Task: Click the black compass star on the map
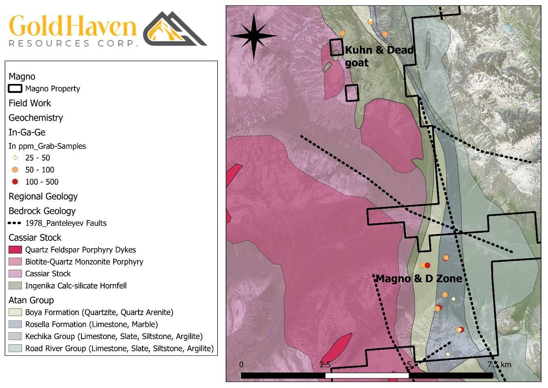[x=254, y=36]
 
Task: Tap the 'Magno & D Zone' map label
[x=419, y=279]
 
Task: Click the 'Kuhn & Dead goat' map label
[x=379, y=56]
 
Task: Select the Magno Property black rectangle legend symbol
[x=15, y=88]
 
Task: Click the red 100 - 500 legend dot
[x=15, y=182]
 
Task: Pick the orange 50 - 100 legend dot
[x=15, y=170]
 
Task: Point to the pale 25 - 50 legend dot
[x=15, y=158]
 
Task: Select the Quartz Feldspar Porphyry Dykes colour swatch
[x=15, y=249]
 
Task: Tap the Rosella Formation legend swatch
[x=15, y=324]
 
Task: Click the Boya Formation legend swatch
[x=15, y=312]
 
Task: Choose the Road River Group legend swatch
[x=15, y=348]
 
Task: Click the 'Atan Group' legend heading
[x=31, y=300]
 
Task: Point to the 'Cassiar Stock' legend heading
[x=35, y=238]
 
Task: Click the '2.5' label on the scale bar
[x=325, y=364]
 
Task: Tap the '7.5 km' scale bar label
[x=499, y=364]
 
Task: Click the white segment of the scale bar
[x=366, y=375]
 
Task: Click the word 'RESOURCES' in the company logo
[x=49, y=43]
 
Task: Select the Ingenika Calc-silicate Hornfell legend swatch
[x=15, y=286]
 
